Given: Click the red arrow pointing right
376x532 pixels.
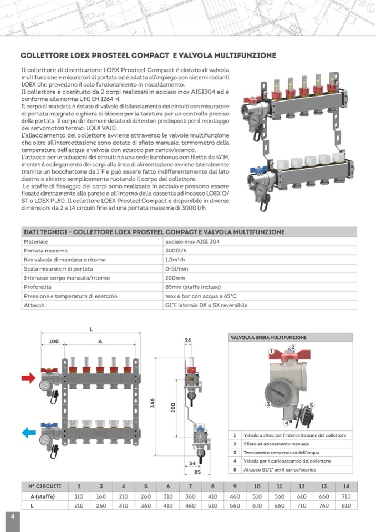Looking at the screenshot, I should click(x=28, y=378).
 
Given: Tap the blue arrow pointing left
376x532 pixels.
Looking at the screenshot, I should click(x=28, y=432).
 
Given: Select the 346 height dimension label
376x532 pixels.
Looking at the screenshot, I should click(x=153, y=403).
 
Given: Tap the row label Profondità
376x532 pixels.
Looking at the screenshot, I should click(x=38, y=287).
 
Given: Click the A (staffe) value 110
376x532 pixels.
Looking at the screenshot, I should click(x=79, y=496).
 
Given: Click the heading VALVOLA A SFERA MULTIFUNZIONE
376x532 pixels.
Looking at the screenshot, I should click(x=268, y=337).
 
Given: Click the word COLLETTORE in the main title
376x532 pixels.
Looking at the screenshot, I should click(x=44, y=56).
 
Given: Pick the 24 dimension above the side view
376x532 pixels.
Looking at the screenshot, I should click(x=187, y=340).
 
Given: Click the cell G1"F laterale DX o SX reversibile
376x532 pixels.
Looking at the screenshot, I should click(x=206, y=305).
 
